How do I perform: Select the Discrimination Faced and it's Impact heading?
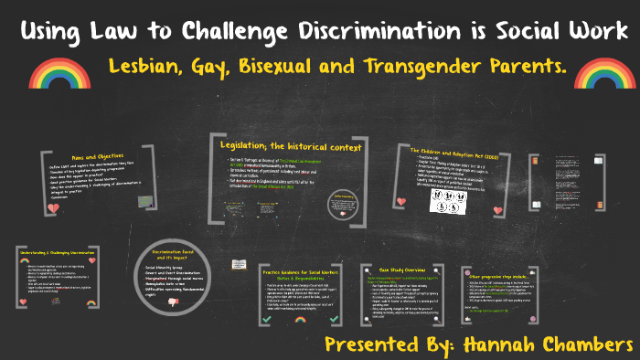pyautogui.click(x=174, y=254)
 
